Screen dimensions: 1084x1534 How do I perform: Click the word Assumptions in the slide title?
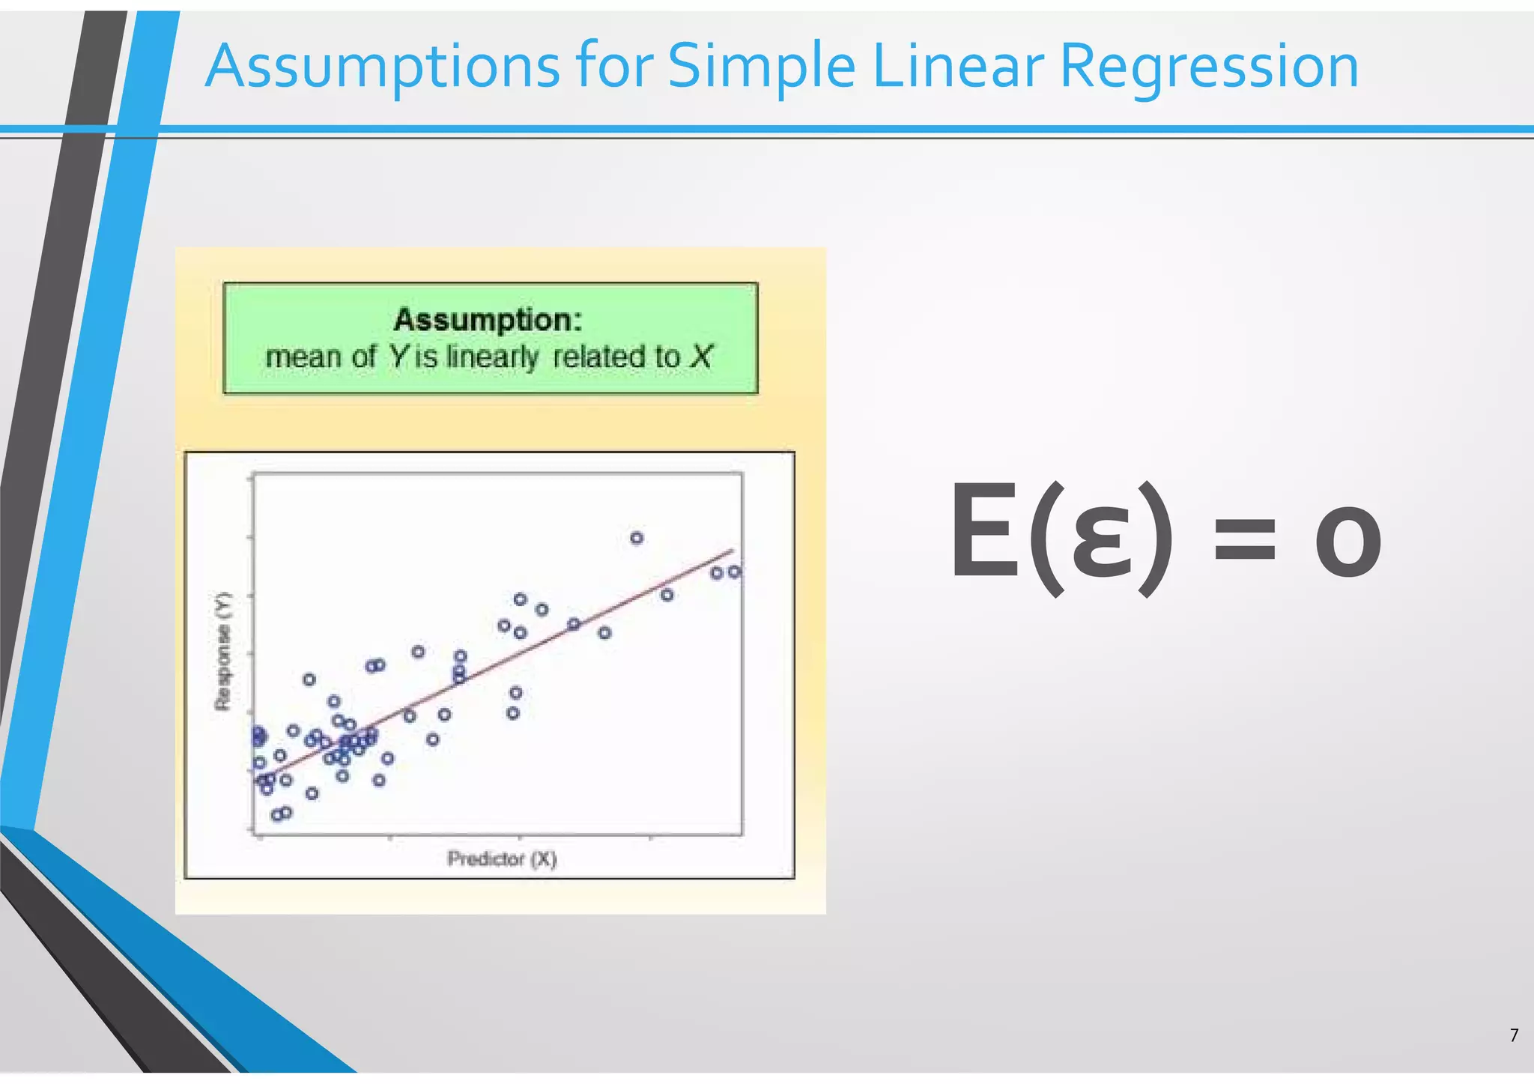tap(382, 67)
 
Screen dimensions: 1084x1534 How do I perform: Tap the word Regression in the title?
tap(1209, 67)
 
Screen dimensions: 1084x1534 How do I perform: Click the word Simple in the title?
tap(761, 67)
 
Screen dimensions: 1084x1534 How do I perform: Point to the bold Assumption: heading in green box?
tap(488, 320)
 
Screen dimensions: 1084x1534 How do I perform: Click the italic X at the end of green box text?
tap(702, 357)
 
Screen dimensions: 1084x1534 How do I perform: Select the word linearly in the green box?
tap(492, 357)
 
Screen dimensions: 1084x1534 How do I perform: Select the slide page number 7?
tap(1514, 1035)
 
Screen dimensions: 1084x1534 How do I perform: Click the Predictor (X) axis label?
tap(502, 859)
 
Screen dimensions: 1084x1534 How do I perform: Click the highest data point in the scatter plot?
tap(637, 538)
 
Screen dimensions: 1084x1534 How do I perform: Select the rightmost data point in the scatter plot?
tap(735, 572)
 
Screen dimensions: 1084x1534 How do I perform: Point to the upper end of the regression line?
tap(731, 551)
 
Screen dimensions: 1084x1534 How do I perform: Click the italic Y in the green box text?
tap(398, 357)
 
